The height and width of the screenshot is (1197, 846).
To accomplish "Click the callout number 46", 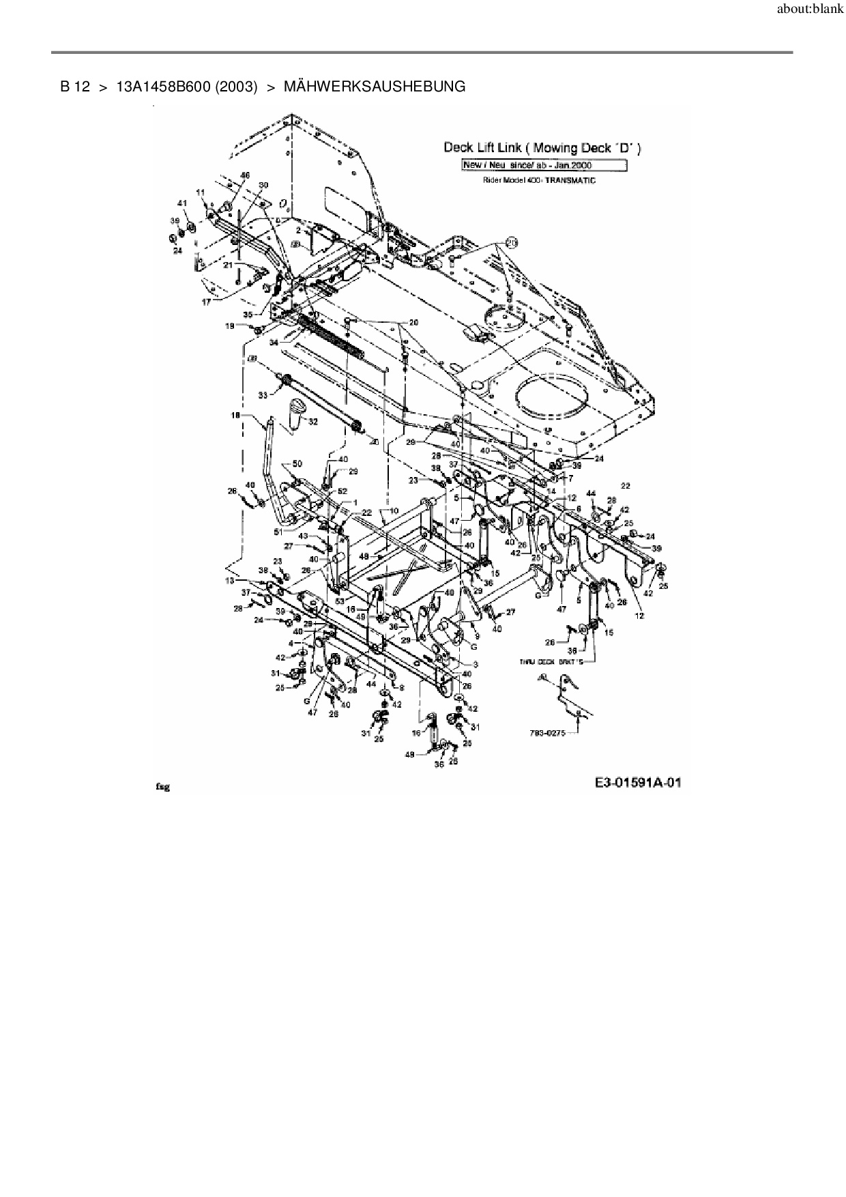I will [x=245, y=176].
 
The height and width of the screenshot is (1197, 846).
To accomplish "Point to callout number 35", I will [x=248, y=315].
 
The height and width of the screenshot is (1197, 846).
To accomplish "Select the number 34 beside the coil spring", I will [x=274, y=342].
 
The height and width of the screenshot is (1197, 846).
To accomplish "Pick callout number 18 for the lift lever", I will [x=235, y=415].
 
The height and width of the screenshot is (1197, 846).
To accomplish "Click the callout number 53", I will [x=339, y=601].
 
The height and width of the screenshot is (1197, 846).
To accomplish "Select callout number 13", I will [x=229, y=581].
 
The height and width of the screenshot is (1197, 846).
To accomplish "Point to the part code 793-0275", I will [x=546, y=734].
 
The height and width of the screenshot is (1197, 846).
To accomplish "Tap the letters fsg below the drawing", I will [x=162, y=787].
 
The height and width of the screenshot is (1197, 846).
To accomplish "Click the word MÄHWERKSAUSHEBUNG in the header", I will [x=374, y=87].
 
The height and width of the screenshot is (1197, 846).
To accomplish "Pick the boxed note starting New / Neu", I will [x=544, y=165].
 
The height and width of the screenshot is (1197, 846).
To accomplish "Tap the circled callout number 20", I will [x=512, y=242].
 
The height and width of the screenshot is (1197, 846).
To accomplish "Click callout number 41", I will [x=181, y=203].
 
